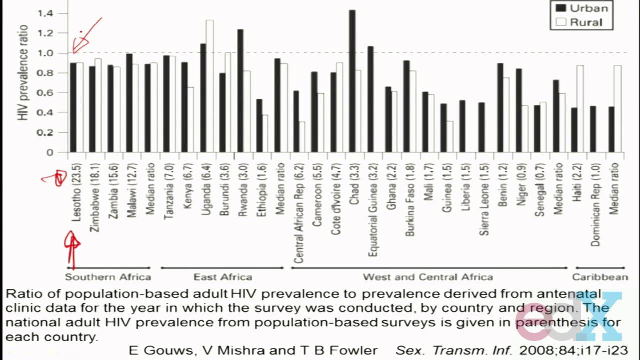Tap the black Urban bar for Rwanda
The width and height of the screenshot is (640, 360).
point(240,90)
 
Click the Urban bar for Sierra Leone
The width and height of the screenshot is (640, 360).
point(482,127)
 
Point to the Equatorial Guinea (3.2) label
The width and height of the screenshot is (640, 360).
point(372,210)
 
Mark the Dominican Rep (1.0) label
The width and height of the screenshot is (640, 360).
point(595,204)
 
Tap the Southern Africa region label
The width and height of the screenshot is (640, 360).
point(108,277)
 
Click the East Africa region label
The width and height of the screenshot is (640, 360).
point(223,277)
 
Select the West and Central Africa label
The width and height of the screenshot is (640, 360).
point(427,277)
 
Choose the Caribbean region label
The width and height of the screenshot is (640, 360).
point(600,277)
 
